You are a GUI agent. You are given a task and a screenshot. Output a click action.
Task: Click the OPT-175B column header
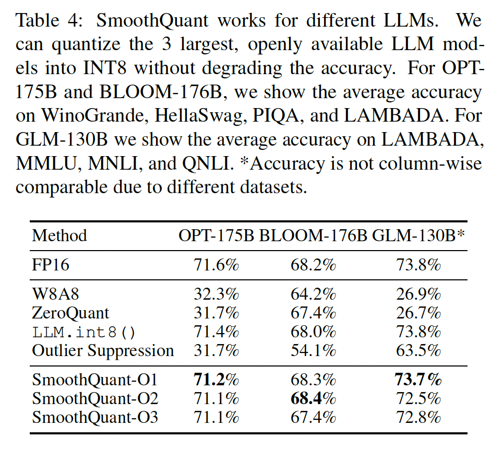point(216,235)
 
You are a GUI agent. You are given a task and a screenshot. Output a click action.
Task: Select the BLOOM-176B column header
point(314,235)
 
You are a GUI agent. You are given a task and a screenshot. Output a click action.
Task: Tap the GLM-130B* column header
point(418,235)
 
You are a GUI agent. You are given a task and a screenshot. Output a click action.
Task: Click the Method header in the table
point(59,235)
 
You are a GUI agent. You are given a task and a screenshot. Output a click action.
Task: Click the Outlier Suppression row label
point(103,350)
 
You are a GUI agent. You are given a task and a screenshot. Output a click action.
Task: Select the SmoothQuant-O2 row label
point(94,398)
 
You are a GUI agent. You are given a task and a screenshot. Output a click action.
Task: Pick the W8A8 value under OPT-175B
point(216,294)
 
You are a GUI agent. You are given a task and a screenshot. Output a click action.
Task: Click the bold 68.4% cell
point(314,398)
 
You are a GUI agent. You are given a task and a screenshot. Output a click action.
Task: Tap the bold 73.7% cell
point(418,380)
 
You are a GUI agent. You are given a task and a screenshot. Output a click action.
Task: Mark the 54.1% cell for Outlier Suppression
point(314,350)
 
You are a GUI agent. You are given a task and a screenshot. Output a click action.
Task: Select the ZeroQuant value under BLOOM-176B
point(314,313)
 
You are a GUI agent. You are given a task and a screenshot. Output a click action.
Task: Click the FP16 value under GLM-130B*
point(418,265)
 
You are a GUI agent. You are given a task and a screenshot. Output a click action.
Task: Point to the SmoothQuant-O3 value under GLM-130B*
point(418,417)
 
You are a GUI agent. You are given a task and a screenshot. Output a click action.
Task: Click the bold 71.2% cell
point(216,380)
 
